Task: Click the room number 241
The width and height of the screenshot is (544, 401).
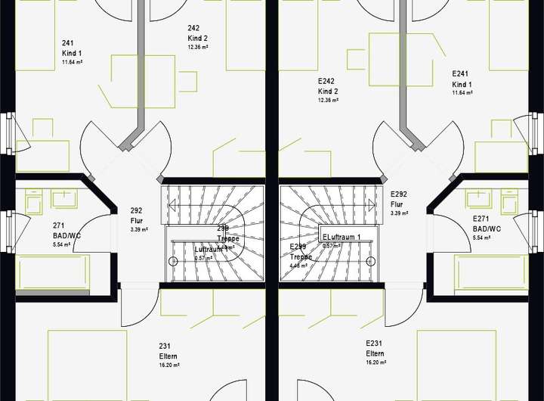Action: point(68,43)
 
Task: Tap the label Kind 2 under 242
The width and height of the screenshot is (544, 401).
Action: point(197,38)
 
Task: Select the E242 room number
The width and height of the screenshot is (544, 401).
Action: point(326,81)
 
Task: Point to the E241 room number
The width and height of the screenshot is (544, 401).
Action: point(461,73)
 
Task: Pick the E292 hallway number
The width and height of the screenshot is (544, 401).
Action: point(399,194)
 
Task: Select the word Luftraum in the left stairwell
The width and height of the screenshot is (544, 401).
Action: point(208,249)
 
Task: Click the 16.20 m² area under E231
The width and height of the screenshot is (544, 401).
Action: point(376,363)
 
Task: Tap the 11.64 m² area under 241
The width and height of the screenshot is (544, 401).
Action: point(73,63)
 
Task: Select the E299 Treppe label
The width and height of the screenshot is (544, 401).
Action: point(300,251)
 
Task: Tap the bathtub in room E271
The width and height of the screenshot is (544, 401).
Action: point(492,272)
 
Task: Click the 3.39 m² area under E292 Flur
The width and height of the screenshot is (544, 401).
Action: point(400,214)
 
